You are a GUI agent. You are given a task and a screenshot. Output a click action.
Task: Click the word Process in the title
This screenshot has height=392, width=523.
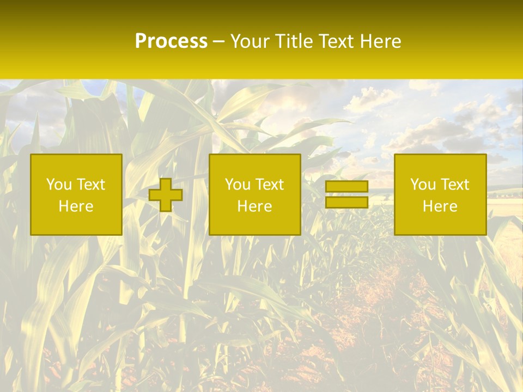171,41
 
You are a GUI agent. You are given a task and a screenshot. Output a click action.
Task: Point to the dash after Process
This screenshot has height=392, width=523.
218,42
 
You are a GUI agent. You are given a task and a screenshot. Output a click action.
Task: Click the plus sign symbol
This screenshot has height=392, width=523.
165,195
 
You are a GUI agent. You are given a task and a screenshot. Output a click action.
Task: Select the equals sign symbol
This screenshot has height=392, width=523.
346,194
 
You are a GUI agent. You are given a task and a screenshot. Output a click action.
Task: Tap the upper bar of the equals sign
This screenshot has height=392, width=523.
346,187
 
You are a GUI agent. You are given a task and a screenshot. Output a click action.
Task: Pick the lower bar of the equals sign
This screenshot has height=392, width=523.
346,202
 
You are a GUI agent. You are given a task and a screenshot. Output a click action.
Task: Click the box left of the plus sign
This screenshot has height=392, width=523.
76,194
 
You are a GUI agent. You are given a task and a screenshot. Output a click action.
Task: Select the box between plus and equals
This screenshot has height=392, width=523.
254,194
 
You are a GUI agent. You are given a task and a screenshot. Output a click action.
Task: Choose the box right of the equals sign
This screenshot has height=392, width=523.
440,194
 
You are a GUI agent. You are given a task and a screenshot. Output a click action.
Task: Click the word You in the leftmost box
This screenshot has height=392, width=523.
58,185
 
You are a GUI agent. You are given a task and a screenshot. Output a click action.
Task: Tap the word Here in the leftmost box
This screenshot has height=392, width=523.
76,206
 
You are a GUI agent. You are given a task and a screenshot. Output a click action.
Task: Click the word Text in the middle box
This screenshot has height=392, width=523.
270,185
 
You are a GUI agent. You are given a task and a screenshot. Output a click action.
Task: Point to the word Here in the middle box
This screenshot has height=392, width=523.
254,206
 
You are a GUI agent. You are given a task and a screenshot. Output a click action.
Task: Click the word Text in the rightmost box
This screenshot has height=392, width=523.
455,185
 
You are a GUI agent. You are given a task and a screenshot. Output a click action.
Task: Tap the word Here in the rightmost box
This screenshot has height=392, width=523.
440,206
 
